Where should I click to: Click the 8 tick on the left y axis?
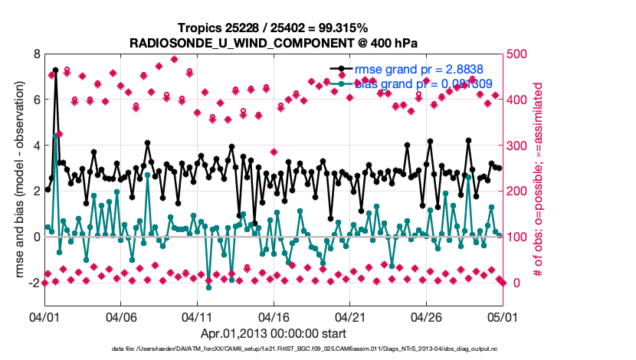pyautogui.click(x=35, y=54)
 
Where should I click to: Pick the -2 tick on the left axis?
pyautogui.click(x=34, y=283)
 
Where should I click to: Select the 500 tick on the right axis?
pyautogui.click(x=520, y=54)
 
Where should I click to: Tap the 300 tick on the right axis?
pyautogui.click(x=520, y=146)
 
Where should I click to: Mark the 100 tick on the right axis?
pyautogui.click(x=520, y=237)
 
